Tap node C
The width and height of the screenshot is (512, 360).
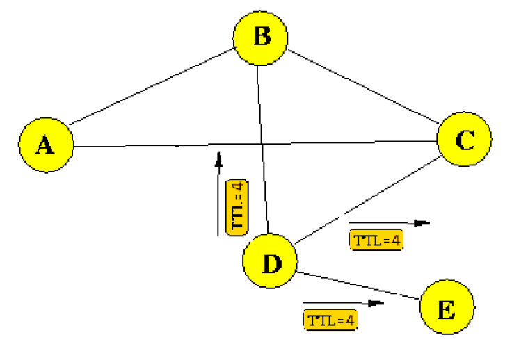(464, 140)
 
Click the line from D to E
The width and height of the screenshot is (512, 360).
(358, 286)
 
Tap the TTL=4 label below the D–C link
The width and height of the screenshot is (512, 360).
(376, 240)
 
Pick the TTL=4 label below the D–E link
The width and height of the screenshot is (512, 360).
(330, 320)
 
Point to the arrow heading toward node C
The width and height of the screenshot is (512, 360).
(390, 223)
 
